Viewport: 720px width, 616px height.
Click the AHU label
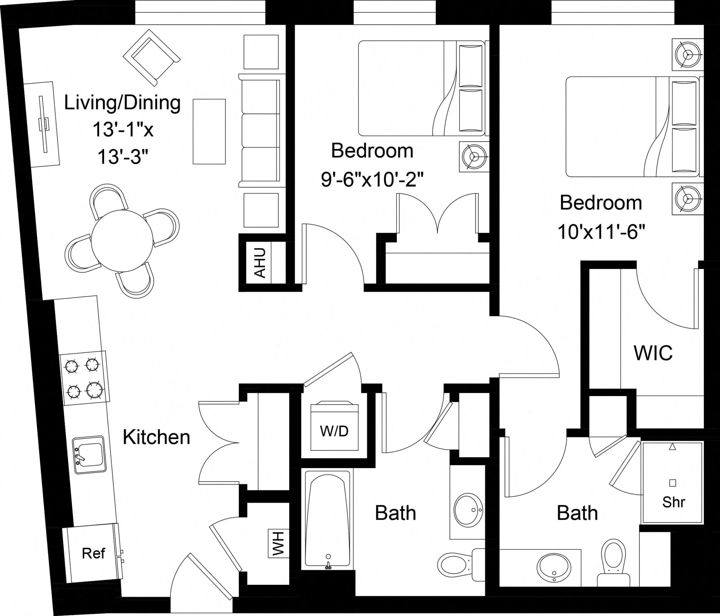(260, 263)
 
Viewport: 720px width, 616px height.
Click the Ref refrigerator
(93, 553)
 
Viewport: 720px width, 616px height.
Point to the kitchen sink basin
(89, 455)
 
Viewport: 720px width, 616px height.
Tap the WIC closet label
(653, 353)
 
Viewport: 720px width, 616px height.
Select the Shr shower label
(673, 502)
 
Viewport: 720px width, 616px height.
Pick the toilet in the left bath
(453, 565)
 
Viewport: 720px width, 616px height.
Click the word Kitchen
(156, 437)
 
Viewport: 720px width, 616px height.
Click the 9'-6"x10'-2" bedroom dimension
(372, 180)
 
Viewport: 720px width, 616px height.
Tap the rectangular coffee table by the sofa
(209, 131)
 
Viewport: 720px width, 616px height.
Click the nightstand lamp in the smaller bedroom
(474, 157)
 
